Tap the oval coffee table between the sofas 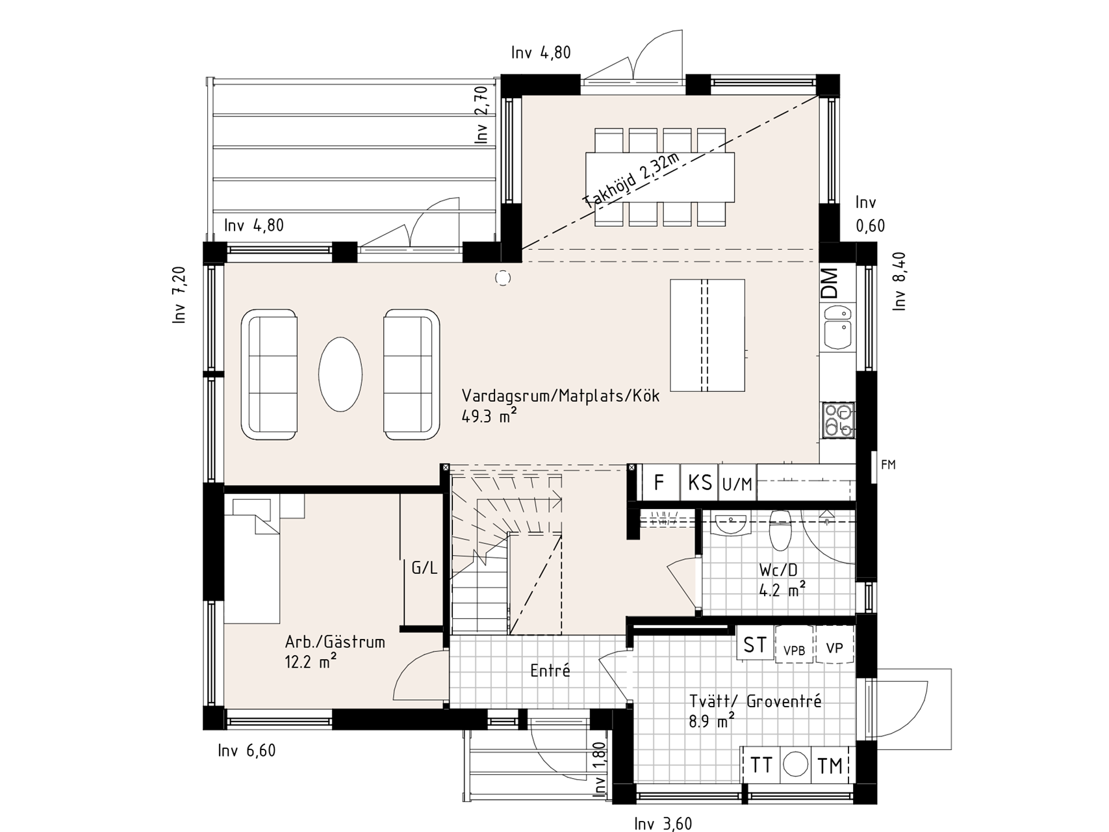[340, 374]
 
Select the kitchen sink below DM [837, 327]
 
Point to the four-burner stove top [838, 420]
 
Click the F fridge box [660, 482]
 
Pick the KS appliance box [700, 482]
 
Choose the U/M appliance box [737, 483]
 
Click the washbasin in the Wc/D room [731, 523]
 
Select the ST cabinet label [755, 645]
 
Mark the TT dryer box [761, 766]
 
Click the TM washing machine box [830, 766]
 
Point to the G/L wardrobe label [424, 568]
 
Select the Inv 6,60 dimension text [247, 751]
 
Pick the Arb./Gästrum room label [335, 642]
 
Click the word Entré [550, 670]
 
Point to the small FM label [888, 465]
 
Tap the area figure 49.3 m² [485, 416]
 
